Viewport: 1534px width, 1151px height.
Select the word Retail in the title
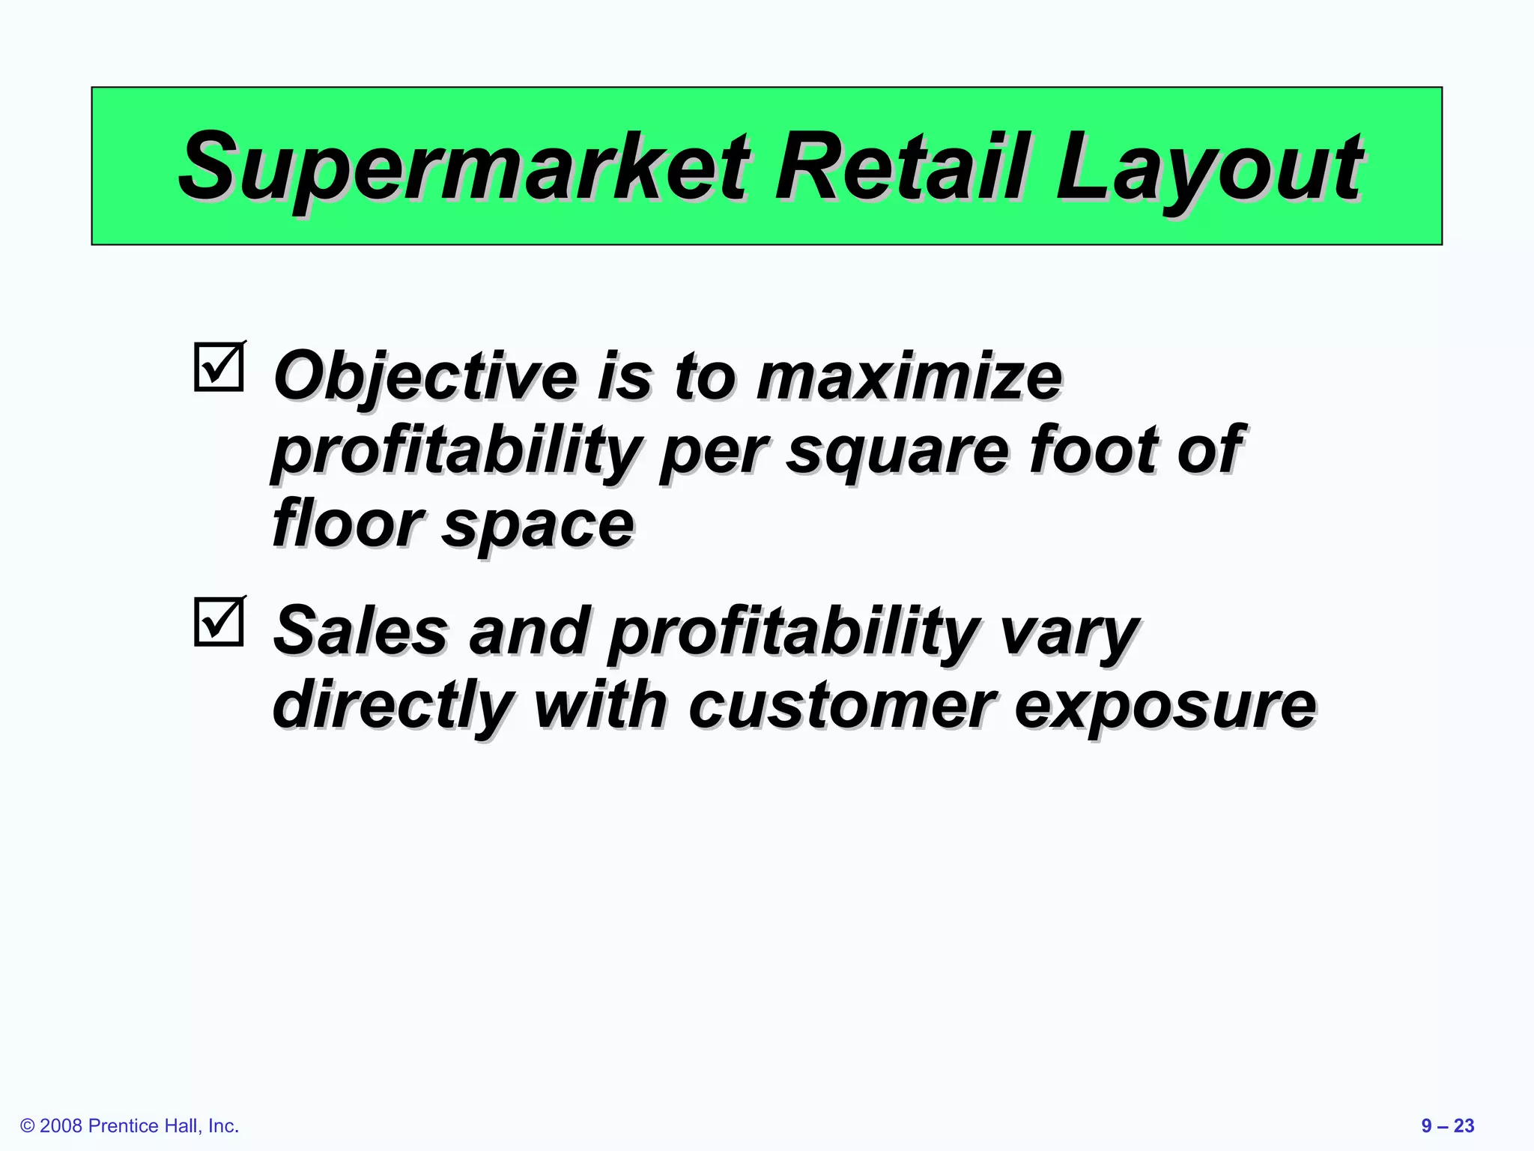tap(902, 166)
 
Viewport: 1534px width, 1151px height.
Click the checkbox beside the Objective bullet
tap(219, 367)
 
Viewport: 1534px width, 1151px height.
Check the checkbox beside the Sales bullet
tap(219, 621)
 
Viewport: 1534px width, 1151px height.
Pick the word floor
tap(348, 523)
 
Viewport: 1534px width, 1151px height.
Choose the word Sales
tap(360, 631)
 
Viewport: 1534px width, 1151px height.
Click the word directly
tap(393, 706)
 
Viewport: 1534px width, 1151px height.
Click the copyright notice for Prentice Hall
tap(130, 1126)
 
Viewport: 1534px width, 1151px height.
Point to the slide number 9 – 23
tap(1447, 1126)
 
